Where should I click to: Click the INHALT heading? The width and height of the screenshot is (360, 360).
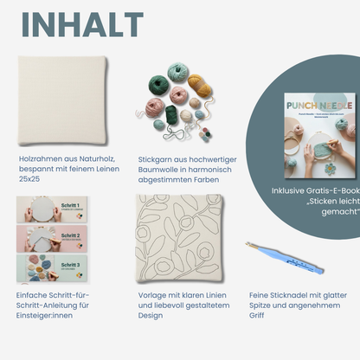[x=82, y=25]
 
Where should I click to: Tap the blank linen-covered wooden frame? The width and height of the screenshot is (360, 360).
[x=61, y=101]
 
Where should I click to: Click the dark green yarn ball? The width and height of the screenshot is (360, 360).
[x=160, y=84]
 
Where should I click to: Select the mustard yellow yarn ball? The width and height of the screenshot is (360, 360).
[x=198, y=84]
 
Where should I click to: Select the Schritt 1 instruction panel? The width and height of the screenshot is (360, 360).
[x=51, y=209]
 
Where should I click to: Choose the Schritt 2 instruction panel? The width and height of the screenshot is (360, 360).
[x=51, y=236]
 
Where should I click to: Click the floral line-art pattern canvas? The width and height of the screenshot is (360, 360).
[x=181, y=237]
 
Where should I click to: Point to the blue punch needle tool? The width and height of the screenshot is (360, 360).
[x=285, y=257]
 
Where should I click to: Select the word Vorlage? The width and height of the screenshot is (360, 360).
[x=154, y=293]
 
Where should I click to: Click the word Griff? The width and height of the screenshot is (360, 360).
[x=259, y=314]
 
